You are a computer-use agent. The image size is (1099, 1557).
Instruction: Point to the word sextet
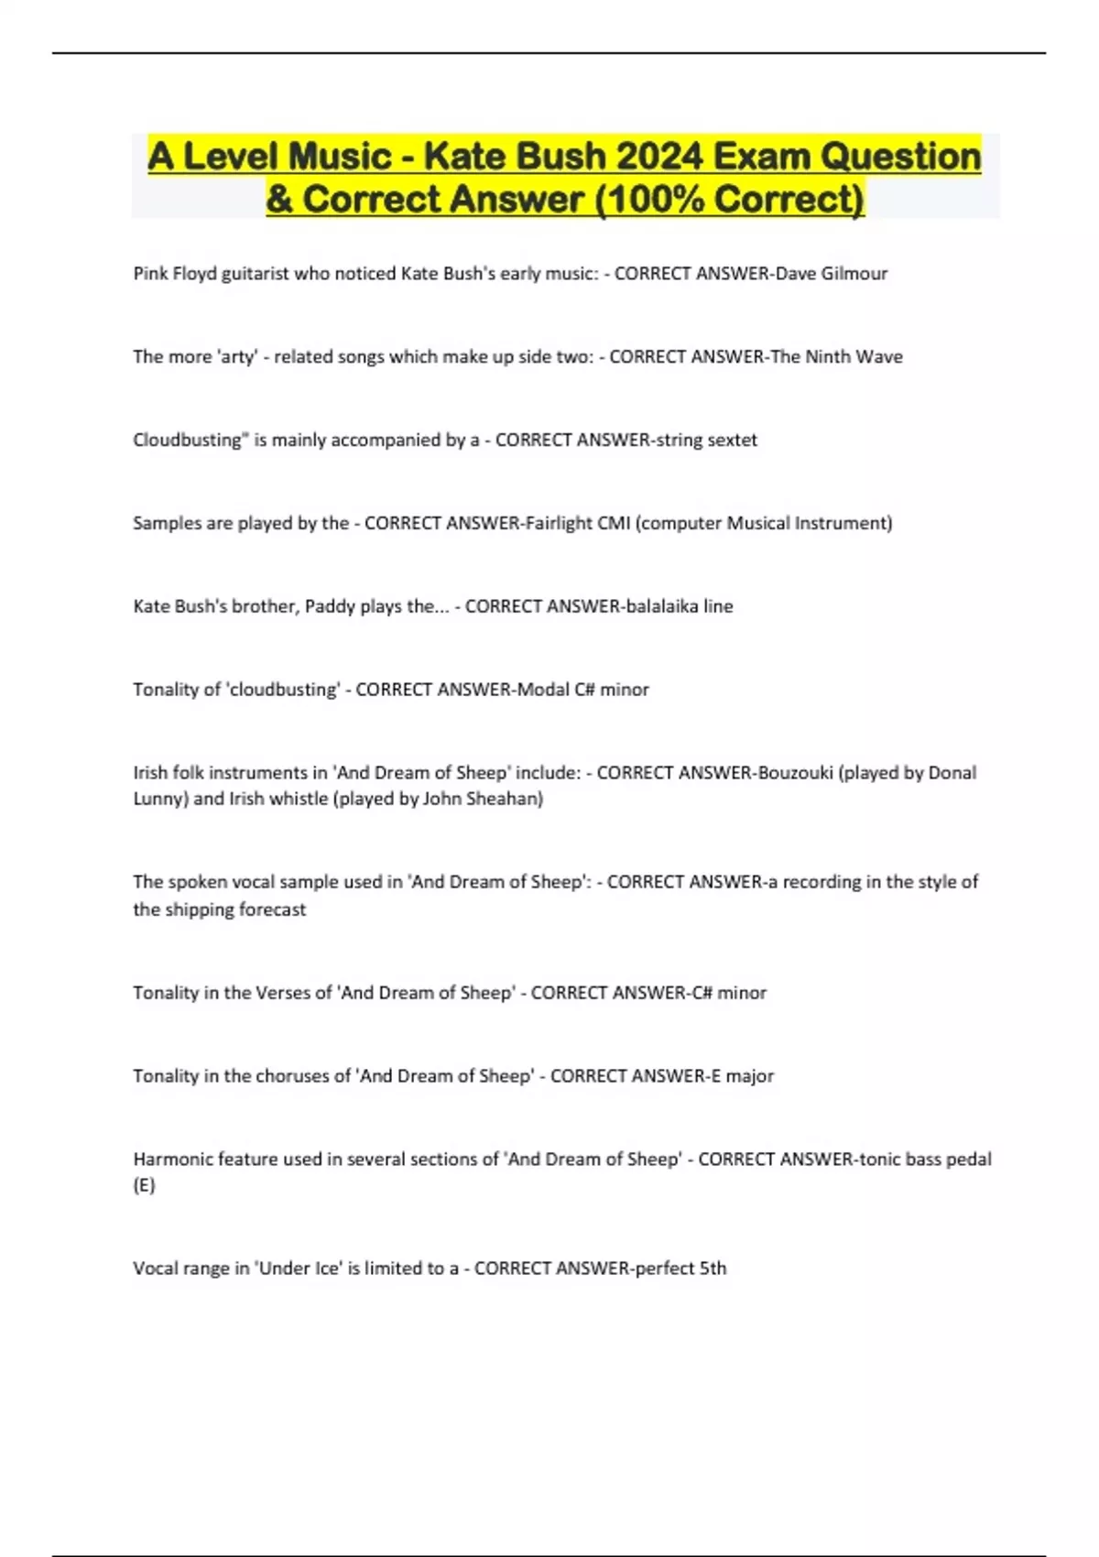click(730, 440)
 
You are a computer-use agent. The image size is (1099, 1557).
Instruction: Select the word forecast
click(272, 909)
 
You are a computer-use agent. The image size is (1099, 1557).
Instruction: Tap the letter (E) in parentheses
click(144, 1185)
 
